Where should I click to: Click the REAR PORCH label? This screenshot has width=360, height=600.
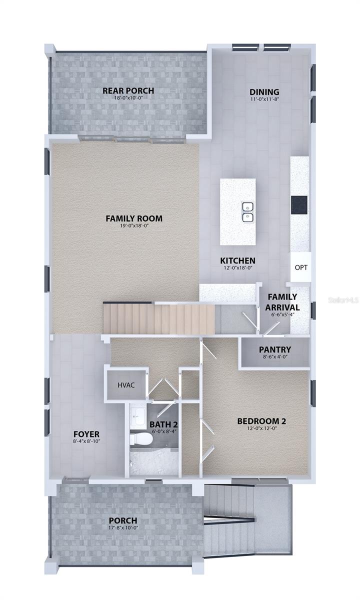tap(128, 90)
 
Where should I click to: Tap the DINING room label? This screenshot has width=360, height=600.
tap(264, 92)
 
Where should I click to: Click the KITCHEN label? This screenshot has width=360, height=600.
tap(238, 261)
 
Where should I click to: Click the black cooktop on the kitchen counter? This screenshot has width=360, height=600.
tap(299, 204)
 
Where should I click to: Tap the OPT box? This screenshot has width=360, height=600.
tap(301, 267)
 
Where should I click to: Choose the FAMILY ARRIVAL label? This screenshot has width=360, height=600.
tap(282, 302)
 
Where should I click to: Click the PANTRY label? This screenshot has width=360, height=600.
tap(275, 349)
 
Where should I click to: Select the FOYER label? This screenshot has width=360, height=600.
tap(86, 434)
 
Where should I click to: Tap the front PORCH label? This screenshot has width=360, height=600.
tap(126, 521)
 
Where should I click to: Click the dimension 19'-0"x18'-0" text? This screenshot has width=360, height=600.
tap(127, 226)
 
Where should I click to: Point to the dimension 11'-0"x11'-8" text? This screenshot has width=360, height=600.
tap(264, 99)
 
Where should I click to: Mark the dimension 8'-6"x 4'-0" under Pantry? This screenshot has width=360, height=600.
tap(275, 357)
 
